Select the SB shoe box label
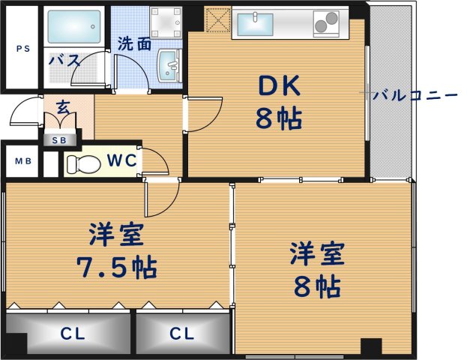[58, 140]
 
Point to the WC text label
[120, 160]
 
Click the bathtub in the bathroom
[73, 27]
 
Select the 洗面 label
[134, 44]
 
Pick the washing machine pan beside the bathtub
[165, 23]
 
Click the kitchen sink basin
[258, 24]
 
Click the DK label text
[278, 88]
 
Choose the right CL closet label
[182, 332]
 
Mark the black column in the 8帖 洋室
[370, 348]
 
